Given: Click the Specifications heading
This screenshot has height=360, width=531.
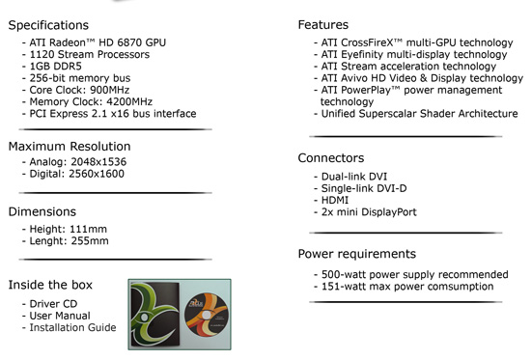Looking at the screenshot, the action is [x=48, y=25].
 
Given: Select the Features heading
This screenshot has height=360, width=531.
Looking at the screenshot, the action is [x=323, y=25].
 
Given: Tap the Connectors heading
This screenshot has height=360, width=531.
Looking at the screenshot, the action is [x=331, y=158].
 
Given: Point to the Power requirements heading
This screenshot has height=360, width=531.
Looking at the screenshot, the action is [x=357, y=254].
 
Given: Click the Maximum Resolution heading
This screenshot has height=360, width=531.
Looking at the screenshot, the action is [x=70, y=147].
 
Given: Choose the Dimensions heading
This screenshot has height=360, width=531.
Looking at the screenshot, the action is [x=42, y=211].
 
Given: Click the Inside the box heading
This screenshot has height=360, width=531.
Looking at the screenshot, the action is [x=50, y=285].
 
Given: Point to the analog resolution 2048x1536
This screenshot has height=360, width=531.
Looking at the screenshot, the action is [x=98, y=162].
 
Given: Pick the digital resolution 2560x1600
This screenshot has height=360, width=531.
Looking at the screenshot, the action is [x=97, y=174].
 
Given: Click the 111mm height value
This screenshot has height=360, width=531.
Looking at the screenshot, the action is [x=88, y=230].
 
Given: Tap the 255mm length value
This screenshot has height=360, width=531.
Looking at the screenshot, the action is [x=90, y=241].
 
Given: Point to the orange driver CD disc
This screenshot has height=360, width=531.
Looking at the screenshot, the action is [x=207, y=315].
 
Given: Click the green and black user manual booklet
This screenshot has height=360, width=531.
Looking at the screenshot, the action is [x=155, y=315].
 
